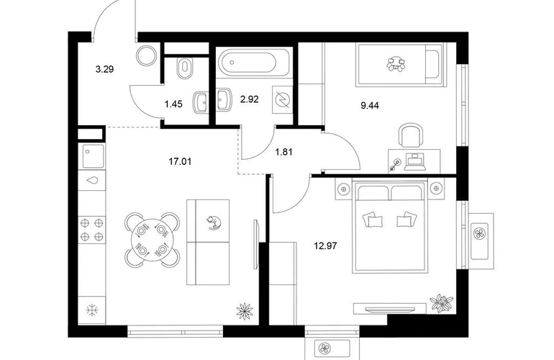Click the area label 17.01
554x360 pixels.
(x=180, y=162)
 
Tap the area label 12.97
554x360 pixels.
(x=325, y=246)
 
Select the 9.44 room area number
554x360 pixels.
(x=370, y=105)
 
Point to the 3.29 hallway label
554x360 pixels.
(x=104, y=69)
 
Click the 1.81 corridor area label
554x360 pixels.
(x=283, y=153)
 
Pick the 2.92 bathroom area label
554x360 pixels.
(x=249, y=99)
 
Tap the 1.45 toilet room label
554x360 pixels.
(x=173, y=104)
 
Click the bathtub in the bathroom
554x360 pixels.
(x=253, y=62)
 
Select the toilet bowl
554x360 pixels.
(x=185, y=68)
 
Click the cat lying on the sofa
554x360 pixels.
(x=214, y=222)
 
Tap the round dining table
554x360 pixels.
(x=152, y=240)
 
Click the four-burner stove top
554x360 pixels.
(x=92, y=229)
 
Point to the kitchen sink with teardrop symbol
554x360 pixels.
(x=92, y=180)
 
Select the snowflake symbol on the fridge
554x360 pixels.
(x=92, y=310)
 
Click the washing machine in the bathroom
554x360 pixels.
(x=282, y=100)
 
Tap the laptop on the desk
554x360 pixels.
(x=415, y=161)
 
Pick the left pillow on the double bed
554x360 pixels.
(x=372, y=220)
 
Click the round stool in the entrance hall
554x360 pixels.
(x=146, y=56)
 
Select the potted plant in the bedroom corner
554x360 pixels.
(x=441, y=303)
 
